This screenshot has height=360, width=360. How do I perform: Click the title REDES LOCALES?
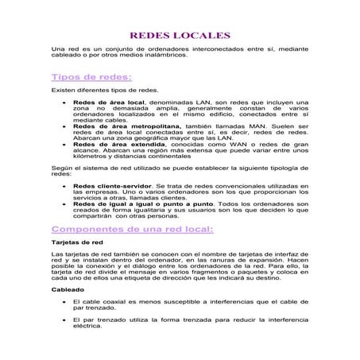pos(180,36)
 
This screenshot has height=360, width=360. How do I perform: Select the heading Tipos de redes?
pos(91,78)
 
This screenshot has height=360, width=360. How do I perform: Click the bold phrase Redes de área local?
pos(109,103)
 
